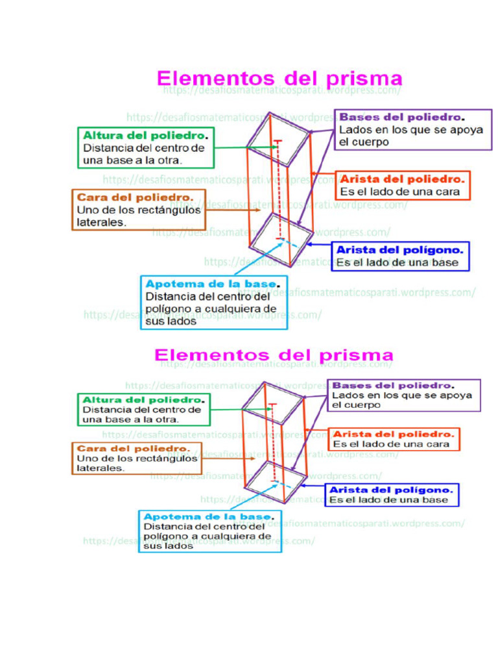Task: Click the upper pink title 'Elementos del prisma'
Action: pyautogui.click(x=279, y=79)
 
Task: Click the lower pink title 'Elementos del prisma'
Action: pyautogui.click(x=274, y=355)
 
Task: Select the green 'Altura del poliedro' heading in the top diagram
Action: pyautogui.click(x=145, y=136)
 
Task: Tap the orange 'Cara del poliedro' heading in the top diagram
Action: pyautogui.click(x=135, y=197)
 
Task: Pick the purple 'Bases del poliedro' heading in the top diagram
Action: pyautogui.click(x=402, y=118)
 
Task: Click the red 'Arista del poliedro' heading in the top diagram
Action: pyautogui.click(x=402, y=179)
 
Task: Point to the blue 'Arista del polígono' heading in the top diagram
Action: pyautogui.click(x=400, y=250)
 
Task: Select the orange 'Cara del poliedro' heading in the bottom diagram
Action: pyautogui.click(x=133, y=448)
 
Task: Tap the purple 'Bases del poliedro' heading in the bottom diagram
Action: pyautogui.click(x=393, y=385)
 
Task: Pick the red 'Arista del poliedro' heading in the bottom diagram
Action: pyautogui.click(x=394, y=434)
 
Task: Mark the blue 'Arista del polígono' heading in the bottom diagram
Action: pyautogui.click(x=391, y=489)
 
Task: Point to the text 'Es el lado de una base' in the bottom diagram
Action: pyautogui.click(x=388, y=500)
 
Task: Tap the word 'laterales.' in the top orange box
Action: pyautogui.click(x=102, y=221)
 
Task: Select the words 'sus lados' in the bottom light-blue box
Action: pyautogui.click(x=169, y=546)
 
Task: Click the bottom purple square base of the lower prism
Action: pyautogui.click(x=275, y=481)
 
